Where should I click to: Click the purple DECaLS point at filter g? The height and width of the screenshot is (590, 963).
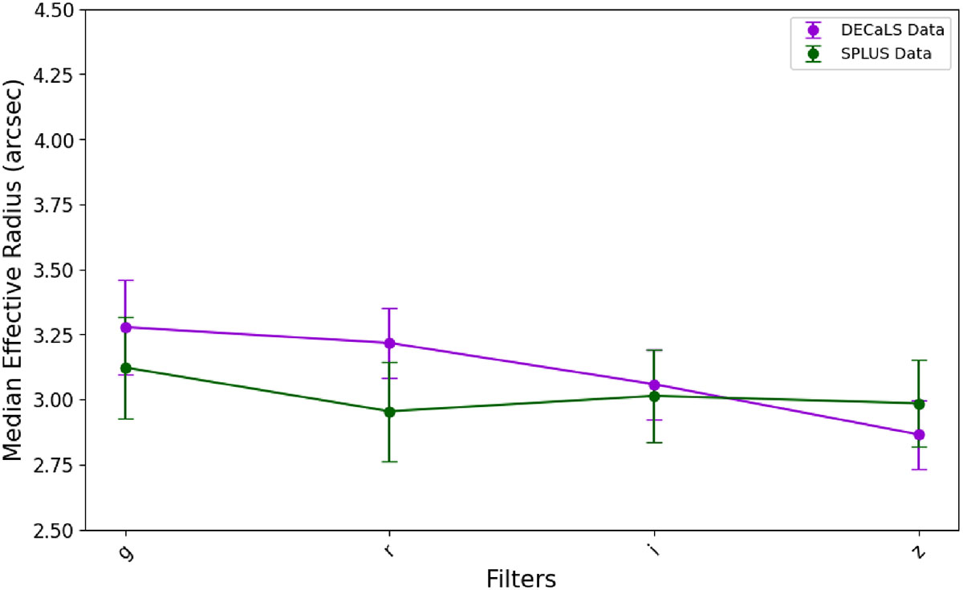click(125, 327)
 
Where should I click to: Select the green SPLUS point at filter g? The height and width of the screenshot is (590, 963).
click(125, 368)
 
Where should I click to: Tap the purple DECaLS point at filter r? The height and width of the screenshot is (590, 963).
click(390, 343)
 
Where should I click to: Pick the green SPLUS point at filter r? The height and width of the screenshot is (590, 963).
click(390, 412)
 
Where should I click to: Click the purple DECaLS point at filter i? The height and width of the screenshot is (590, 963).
click(654, 385)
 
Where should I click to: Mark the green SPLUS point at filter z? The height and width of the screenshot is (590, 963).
click(919, 404)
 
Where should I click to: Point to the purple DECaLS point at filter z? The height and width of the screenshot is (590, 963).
click(919, 435)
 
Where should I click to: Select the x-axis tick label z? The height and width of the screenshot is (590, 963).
click(919, 553)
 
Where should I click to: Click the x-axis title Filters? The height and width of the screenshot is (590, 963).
click(522, 578)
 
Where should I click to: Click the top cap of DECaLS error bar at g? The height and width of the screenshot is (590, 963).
click(125, 280)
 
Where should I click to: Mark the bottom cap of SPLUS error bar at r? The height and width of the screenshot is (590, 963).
click(390, 462)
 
